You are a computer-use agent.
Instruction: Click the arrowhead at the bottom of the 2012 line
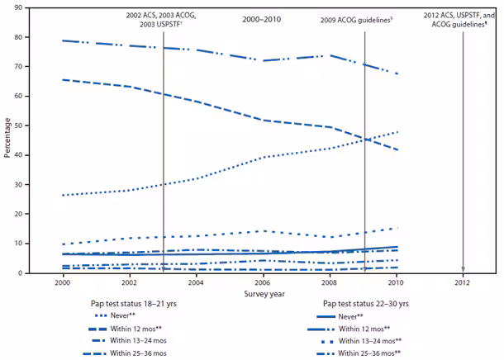point(463,269)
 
